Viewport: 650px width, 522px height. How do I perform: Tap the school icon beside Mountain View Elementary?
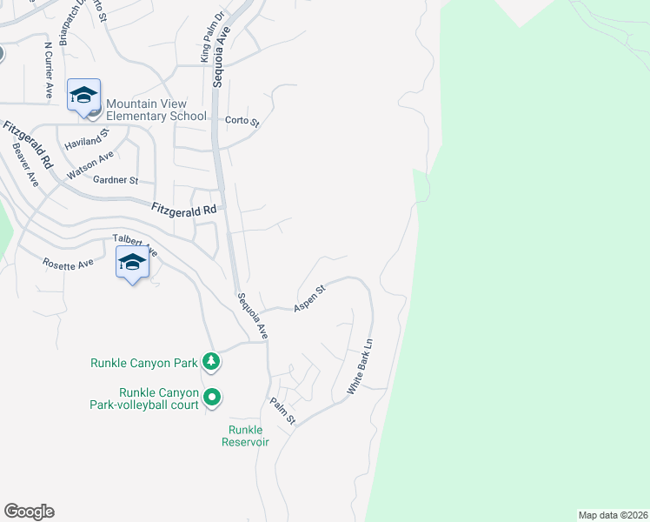84,96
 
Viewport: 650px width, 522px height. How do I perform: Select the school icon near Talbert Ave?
132,262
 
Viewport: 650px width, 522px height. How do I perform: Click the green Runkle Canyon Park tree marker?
210,360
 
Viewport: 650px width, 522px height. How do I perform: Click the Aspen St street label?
308,298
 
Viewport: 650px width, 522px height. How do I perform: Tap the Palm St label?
283,411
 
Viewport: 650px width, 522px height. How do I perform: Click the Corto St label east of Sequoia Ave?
242,122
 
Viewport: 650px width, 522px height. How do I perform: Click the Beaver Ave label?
25,164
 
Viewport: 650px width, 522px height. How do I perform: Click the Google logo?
29,512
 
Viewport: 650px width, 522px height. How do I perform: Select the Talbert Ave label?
134,244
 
